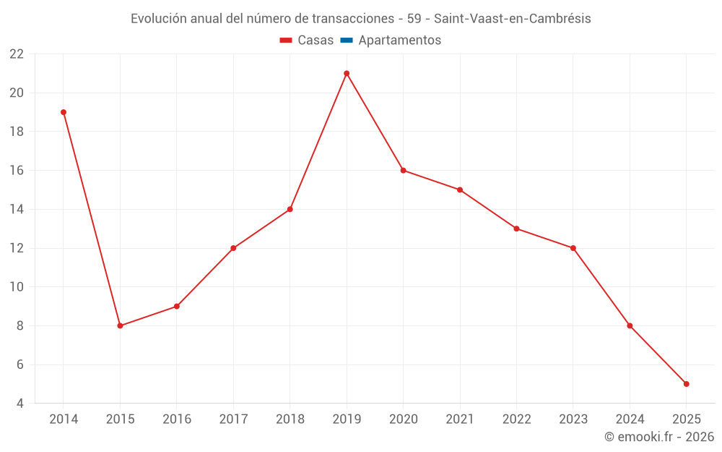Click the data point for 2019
[x=347, y=73]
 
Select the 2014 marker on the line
[x=64, y=112]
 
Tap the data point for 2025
[x=686, y=384]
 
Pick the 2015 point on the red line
[x=120, y=325]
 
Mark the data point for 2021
[x=460, y=189]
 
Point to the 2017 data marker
[x=233, y=248]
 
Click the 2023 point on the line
[x=573, y=248]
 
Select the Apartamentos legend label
[x=399, y=40]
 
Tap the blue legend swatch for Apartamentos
[x=347, y=40]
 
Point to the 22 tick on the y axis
[x=17, y=54]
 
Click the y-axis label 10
[x=17, y=287]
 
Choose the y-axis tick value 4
[x=20, y=404]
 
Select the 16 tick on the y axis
[x=17, y=171]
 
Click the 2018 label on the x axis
[x=290, y=419]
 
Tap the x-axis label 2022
[x=516, y=419]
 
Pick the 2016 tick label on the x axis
[x=177, y=419]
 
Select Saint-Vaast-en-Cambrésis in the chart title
[x=512, y=19]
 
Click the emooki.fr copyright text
[x=659, y=437]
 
